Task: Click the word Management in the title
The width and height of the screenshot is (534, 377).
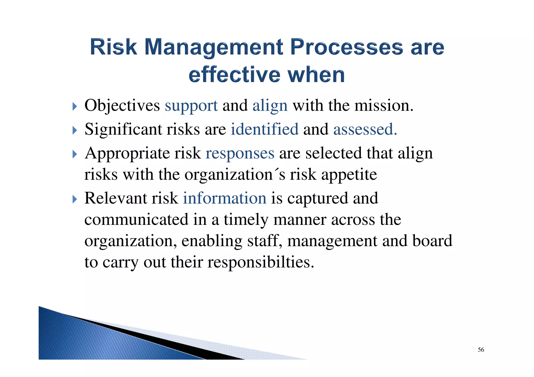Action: pos(213,47)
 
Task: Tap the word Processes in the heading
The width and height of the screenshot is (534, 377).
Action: pos(347,47)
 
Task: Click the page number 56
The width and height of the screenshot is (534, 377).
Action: pos(481,350)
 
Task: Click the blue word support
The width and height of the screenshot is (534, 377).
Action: pos(191,106)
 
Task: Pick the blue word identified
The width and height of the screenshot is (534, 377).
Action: pos(264,129)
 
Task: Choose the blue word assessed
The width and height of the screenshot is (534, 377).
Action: pos(365,129)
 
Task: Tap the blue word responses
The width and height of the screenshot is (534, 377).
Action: pos(240,153)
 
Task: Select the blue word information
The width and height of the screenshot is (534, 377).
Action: pos(224,198)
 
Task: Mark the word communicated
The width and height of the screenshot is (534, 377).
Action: pos(136,220)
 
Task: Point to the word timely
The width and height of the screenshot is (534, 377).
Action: pos(246,220)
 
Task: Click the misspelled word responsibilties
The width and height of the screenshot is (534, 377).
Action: pos(261,262)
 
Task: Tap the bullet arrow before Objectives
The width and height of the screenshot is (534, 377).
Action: pos(75,106)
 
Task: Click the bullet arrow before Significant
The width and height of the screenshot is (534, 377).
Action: pos(75,130)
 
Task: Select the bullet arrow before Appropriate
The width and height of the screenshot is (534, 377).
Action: pos(75,154)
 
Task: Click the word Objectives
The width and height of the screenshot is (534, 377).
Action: pos(122,106)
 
